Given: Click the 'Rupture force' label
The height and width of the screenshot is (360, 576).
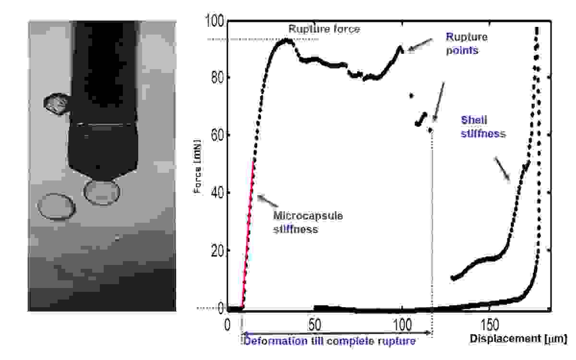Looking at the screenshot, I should click(324, 29).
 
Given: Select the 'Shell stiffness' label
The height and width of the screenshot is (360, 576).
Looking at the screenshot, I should click(483, 127).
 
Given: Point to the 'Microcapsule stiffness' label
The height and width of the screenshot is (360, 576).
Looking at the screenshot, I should click(308, 222).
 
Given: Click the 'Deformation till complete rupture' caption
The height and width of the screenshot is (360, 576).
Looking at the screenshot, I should click(329, 341).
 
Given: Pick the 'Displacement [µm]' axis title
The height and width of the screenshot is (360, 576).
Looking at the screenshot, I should click(518, 339).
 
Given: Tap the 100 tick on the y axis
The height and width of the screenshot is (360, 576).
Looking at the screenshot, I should click(214, 22).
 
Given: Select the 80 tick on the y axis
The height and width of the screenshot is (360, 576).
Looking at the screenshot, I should click(217, 78).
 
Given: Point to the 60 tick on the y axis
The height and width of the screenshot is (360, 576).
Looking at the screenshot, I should click(217, 135).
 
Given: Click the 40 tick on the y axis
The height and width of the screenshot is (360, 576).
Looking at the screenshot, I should click(217, 193).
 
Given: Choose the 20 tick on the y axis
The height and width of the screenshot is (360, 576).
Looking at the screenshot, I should click(217, 251).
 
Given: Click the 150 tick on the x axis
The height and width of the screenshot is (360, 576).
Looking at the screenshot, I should click(490, 324).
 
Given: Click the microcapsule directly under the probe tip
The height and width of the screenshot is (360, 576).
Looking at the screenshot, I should click(102, 192).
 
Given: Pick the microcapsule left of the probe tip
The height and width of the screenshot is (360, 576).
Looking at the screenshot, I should click(57, 207).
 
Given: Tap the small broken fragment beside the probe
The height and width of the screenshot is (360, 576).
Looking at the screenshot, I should click(56, 104).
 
